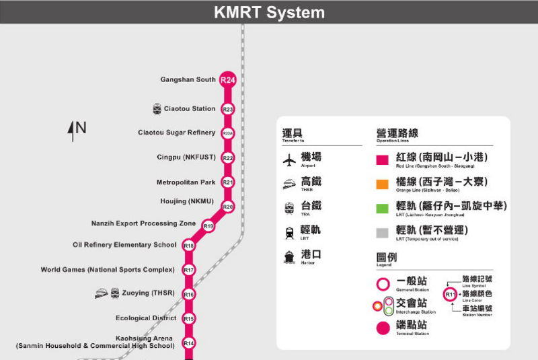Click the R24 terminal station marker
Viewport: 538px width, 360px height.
point(228,80)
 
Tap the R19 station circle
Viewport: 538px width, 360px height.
point(208,226)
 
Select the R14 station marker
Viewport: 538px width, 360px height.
point(189,343)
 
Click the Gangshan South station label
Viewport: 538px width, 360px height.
point(188,80)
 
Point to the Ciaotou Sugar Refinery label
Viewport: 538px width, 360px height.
point(176,133)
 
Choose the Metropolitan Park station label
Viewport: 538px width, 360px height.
point(186,182)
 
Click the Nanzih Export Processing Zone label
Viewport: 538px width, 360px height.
point(143,223)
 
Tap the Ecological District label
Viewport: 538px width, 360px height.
point(146,318)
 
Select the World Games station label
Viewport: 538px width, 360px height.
point(108,270)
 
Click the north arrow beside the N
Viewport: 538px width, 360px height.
point(71,131)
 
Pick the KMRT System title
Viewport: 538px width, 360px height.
point(269,12)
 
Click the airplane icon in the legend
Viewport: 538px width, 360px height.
point(289,160)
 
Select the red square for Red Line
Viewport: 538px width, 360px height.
point(382,160)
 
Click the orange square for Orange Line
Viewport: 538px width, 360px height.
point(382,184)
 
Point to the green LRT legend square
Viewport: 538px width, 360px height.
point(382,208)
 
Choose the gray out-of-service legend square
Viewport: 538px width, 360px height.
point(382,232)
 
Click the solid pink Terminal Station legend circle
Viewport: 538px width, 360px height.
point(382,328)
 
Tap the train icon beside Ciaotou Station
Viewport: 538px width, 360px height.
point(157,109)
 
